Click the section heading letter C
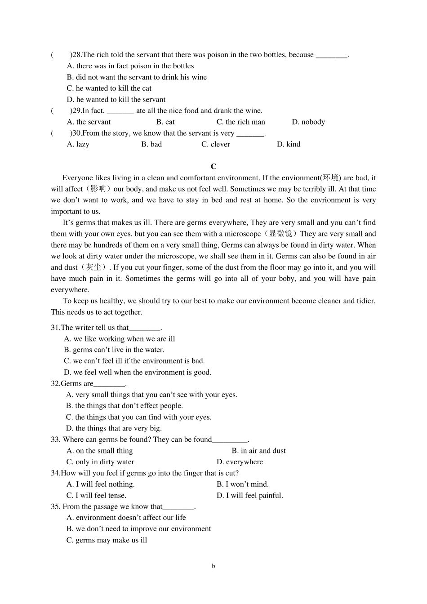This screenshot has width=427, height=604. click(213, 166)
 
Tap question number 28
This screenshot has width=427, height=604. click(77, 55)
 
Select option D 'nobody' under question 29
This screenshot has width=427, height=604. click(308, 122)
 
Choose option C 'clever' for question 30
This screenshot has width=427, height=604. click(216, 144)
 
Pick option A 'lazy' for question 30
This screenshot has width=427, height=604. click(78, 144)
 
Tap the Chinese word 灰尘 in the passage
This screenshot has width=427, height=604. click(93, 267)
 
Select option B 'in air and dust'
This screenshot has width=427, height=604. click(259, 451)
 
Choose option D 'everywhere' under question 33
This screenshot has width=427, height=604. click(240, 462)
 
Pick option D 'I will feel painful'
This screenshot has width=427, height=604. click(250, 496)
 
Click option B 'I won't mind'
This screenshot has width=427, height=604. click(243, 484)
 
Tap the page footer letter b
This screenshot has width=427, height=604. click(213, 566)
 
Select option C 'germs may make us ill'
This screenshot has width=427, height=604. click(107, 540)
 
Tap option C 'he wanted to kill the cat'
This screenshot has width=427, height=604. click(109, 89)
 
